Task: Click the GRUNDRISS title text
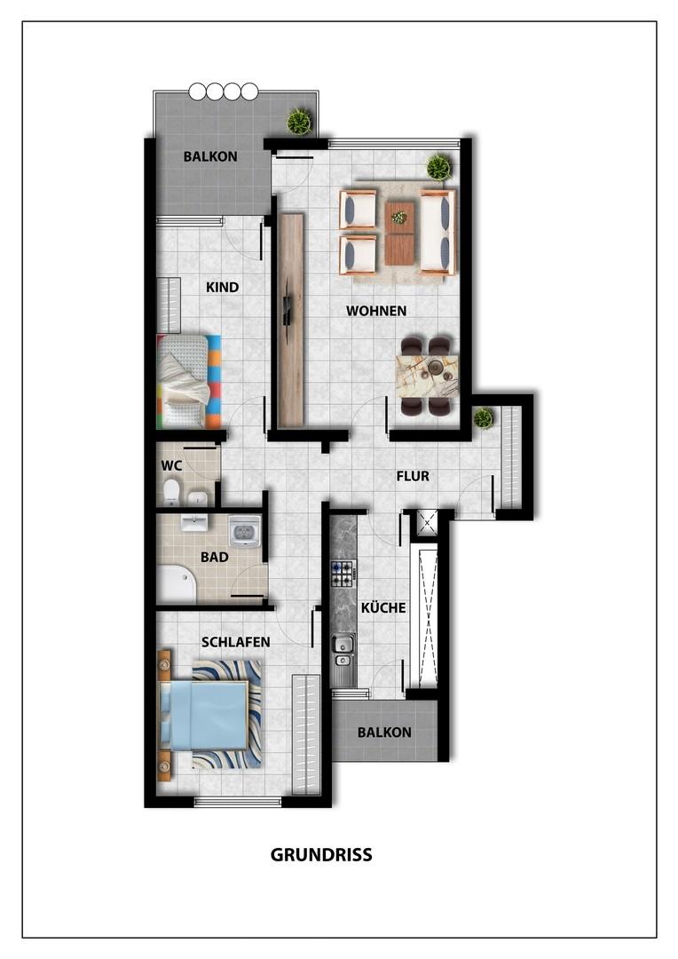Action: coord(320,855)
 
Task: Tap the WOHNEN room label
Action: coord(376,311)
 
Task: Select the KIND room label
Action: coord(223,288)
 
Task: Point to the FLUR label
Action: coord(413,476)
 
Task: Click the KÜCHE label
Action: coord(383,608)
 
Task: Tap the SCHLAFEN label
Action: coord(236,641)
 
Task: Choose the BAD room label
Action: coord(215,558)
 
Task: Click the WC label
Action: coord(171,465)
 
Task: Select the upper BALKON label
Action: coord(210,157)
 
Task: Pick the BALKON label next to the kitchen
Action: coord(384,733)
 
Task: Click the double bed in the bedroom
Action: coord(204,716)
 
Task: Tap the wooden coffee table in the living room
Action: coord(400,232)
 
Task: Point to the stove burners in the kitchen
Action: coord(343,574)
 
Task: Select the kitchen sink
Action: coord(343,646)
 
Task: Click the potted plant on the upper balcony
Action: coord(299,121)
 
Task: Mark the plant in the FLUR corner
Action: coord(483,417)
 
